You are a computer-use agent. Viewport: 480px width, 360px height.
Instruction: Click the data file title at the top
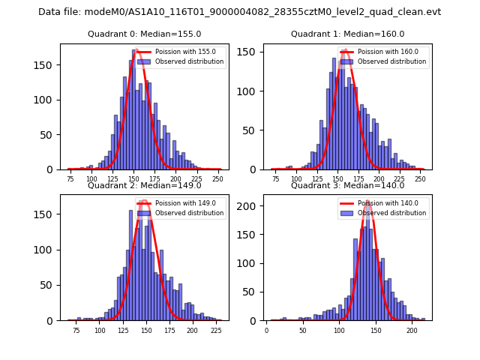click(239, 12)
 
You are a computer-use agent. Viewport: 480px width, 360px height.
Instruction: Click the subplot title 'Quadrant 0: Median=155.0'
click(144, 34)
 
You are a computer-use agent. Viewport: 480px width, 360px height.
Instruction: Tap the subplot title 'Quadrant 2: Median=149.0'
click(144, 185)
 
